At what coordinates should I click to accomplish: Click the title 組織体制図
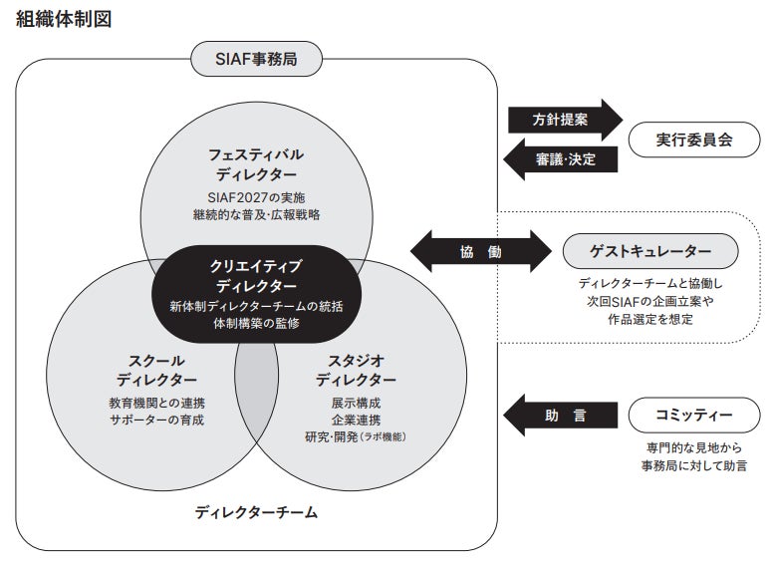(x=66, y=21)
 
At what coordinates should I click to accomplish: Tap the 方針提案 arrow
(x=562, y=118)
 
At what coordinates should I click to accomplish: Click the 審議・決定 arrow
(x=562, y=160)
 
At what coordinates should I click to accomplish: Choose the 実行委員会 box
(x=694, y=140)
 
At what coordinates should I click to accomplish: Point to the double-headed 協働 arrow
(x=480, y=251)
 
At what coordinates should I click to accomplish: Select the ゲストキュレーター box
(x=651, y=251)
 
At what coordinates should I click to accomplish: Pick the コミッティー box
(x=694, y=415)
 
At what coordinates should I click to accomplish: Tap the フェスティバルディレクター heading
(x=256, y=164)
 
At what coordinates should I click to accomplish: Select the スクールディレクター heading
(x=156, y=370)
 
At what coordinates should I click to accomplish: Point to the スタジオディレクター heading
(x=356, y=370)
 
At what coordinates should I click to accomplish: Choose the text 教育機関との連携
(x=156, y=403)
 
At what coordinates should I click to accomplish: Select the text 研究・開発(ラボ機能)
(x=356, y=436)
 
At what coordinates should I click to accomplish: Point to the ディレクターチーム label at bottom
(x=256, y=513)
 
